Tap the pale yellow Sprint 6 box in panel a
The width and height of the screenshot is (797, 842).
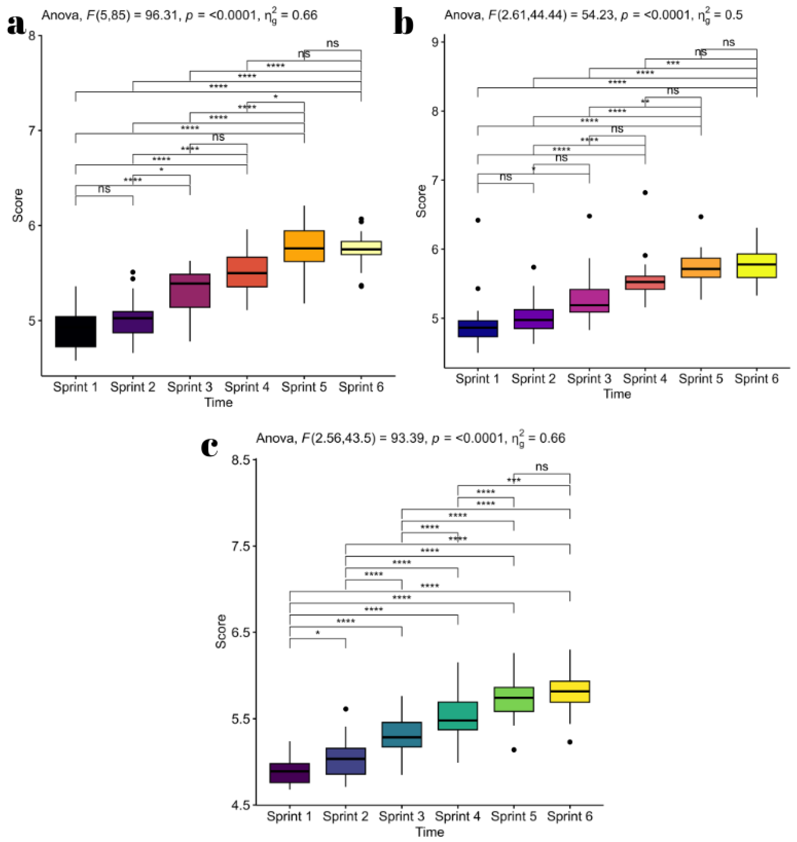[x=361, y=248]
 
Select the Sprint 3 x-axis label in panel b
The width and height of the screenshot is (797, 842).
[x=589, y=379]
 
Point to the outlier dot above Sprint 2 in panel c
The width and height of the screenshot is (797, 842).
[x=346, y=709]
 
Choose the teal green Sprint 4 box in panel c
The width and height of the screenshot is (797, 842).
[x=458, y=716]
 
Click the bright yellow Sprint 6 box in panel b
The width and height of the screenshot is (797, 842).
[x=757, y=266]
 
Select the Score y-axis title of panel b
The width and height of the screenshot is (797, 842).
[x=421, y=201]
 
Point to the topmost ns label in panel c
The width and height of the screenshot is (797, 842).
[x=542, y=467]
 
